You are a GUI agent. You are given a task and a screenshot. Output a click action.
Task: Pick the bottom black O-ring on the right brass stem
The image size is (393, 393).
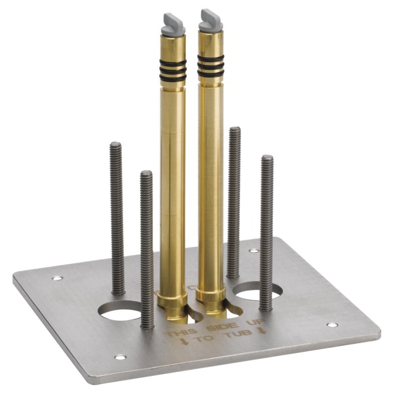211,73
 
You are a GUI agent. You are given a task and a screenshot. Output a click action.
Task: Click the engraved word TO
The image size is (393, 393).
204,339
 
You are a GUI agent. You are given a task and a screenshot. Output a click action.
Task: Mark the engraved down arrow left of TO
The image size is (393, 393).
185,342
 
